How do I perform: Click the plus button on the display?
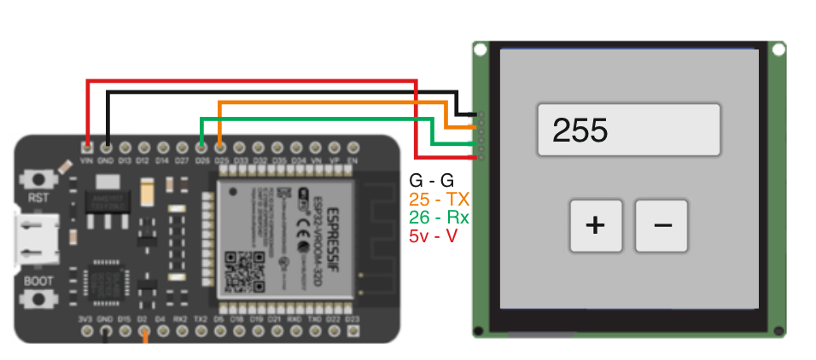pyautogui.click(x=596, y=225)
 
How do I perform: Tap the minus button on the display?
pyautogui.click(x=662, y=225)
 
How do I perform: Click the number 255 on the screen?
pyautogui.click(x=580, y=131)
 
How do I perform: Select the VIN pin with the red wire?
pyautogui.click(x=86, y=146)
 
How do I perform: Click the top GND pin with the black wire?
pyautogui.click(x=106, y=146)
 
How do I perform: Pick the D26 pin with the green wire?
pyautogui.click(x=201, y=146)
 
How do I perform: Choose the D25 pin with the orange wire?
pyautogui.click(x=220, y=146)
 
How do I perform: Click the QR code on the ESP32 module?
pyautogui.click(x=242, y=270)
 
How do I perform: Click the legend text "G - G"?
pyautogui.click(x=432, y=181)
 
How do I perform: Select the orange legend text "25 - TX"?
pyautogui.click(x=440, y=199)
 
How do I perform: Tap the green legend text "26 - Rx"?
pyautogui.click(x=440, y=217)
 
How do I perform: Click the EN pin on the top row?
pyautogui.click(x=353, y=146)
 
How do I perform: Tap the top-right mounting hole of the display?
pyautogui.click(x=778, y=50)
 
